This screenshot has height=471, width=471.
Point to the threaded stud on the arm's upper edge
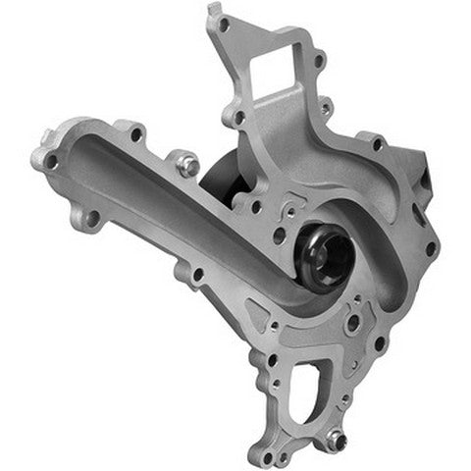[186, 164]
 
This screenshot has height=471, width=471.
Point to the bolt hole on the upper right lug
[377, 144]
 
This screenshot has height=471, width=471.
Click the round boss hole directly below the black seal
[351, 322]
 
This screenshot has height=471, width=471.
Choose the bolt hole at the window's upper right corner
[319, 60]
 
